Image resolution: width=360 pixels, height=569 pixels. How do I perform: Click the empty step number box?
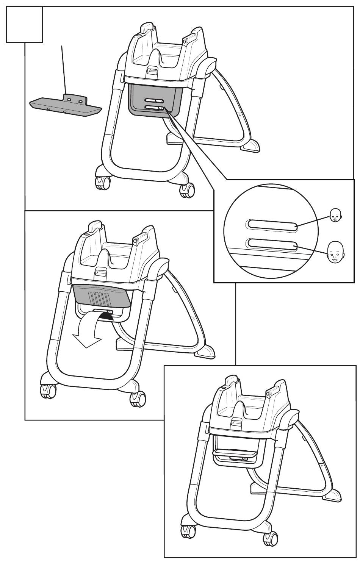[x=24, y=24]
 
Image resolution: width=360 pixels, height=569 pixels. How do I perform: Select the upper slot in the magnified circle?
[x=272, y=225]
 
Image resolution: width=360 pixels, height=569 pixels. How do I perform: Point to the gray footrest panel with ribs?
[x=102, y=295]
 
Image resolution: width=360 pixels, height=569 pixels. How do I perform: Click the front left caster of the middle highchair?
[x=47, y=390]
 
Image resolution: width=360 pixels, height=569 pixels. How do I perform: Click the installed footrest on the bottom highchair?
[x=235, y=452]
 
